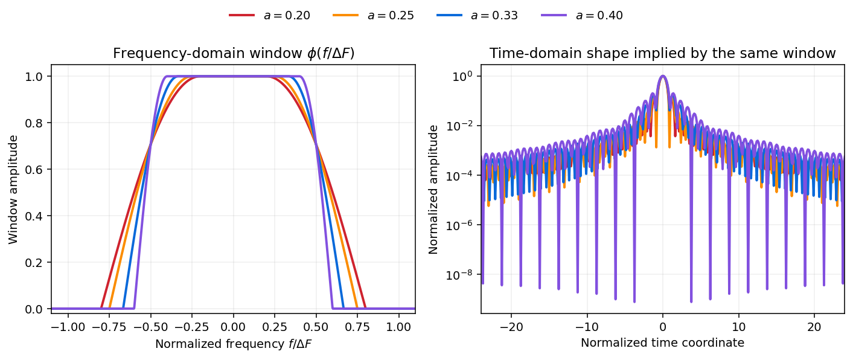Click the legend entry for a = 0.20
(x=270, y=16)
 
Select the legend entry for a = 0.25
(x=374, y=16)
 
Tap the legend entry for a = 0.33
(x=478, y=16)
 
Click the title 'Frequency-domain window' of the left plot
(x=233, y=54)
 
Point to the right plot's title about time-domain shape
(x=662, y=54)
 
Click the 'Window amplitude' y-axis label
(x=13, y=189)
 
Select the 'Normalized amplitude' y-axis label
(x=433, y=189)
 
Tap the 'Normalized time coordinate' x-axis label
(x=662, y=343)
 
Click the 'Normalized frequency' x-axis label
(x=233, y=344)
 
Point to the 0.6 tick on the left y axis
(x=39, y=170)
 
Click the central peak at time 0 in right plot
(x=663, y=77)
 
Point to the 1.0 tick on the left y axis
(x=39, y=77)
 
